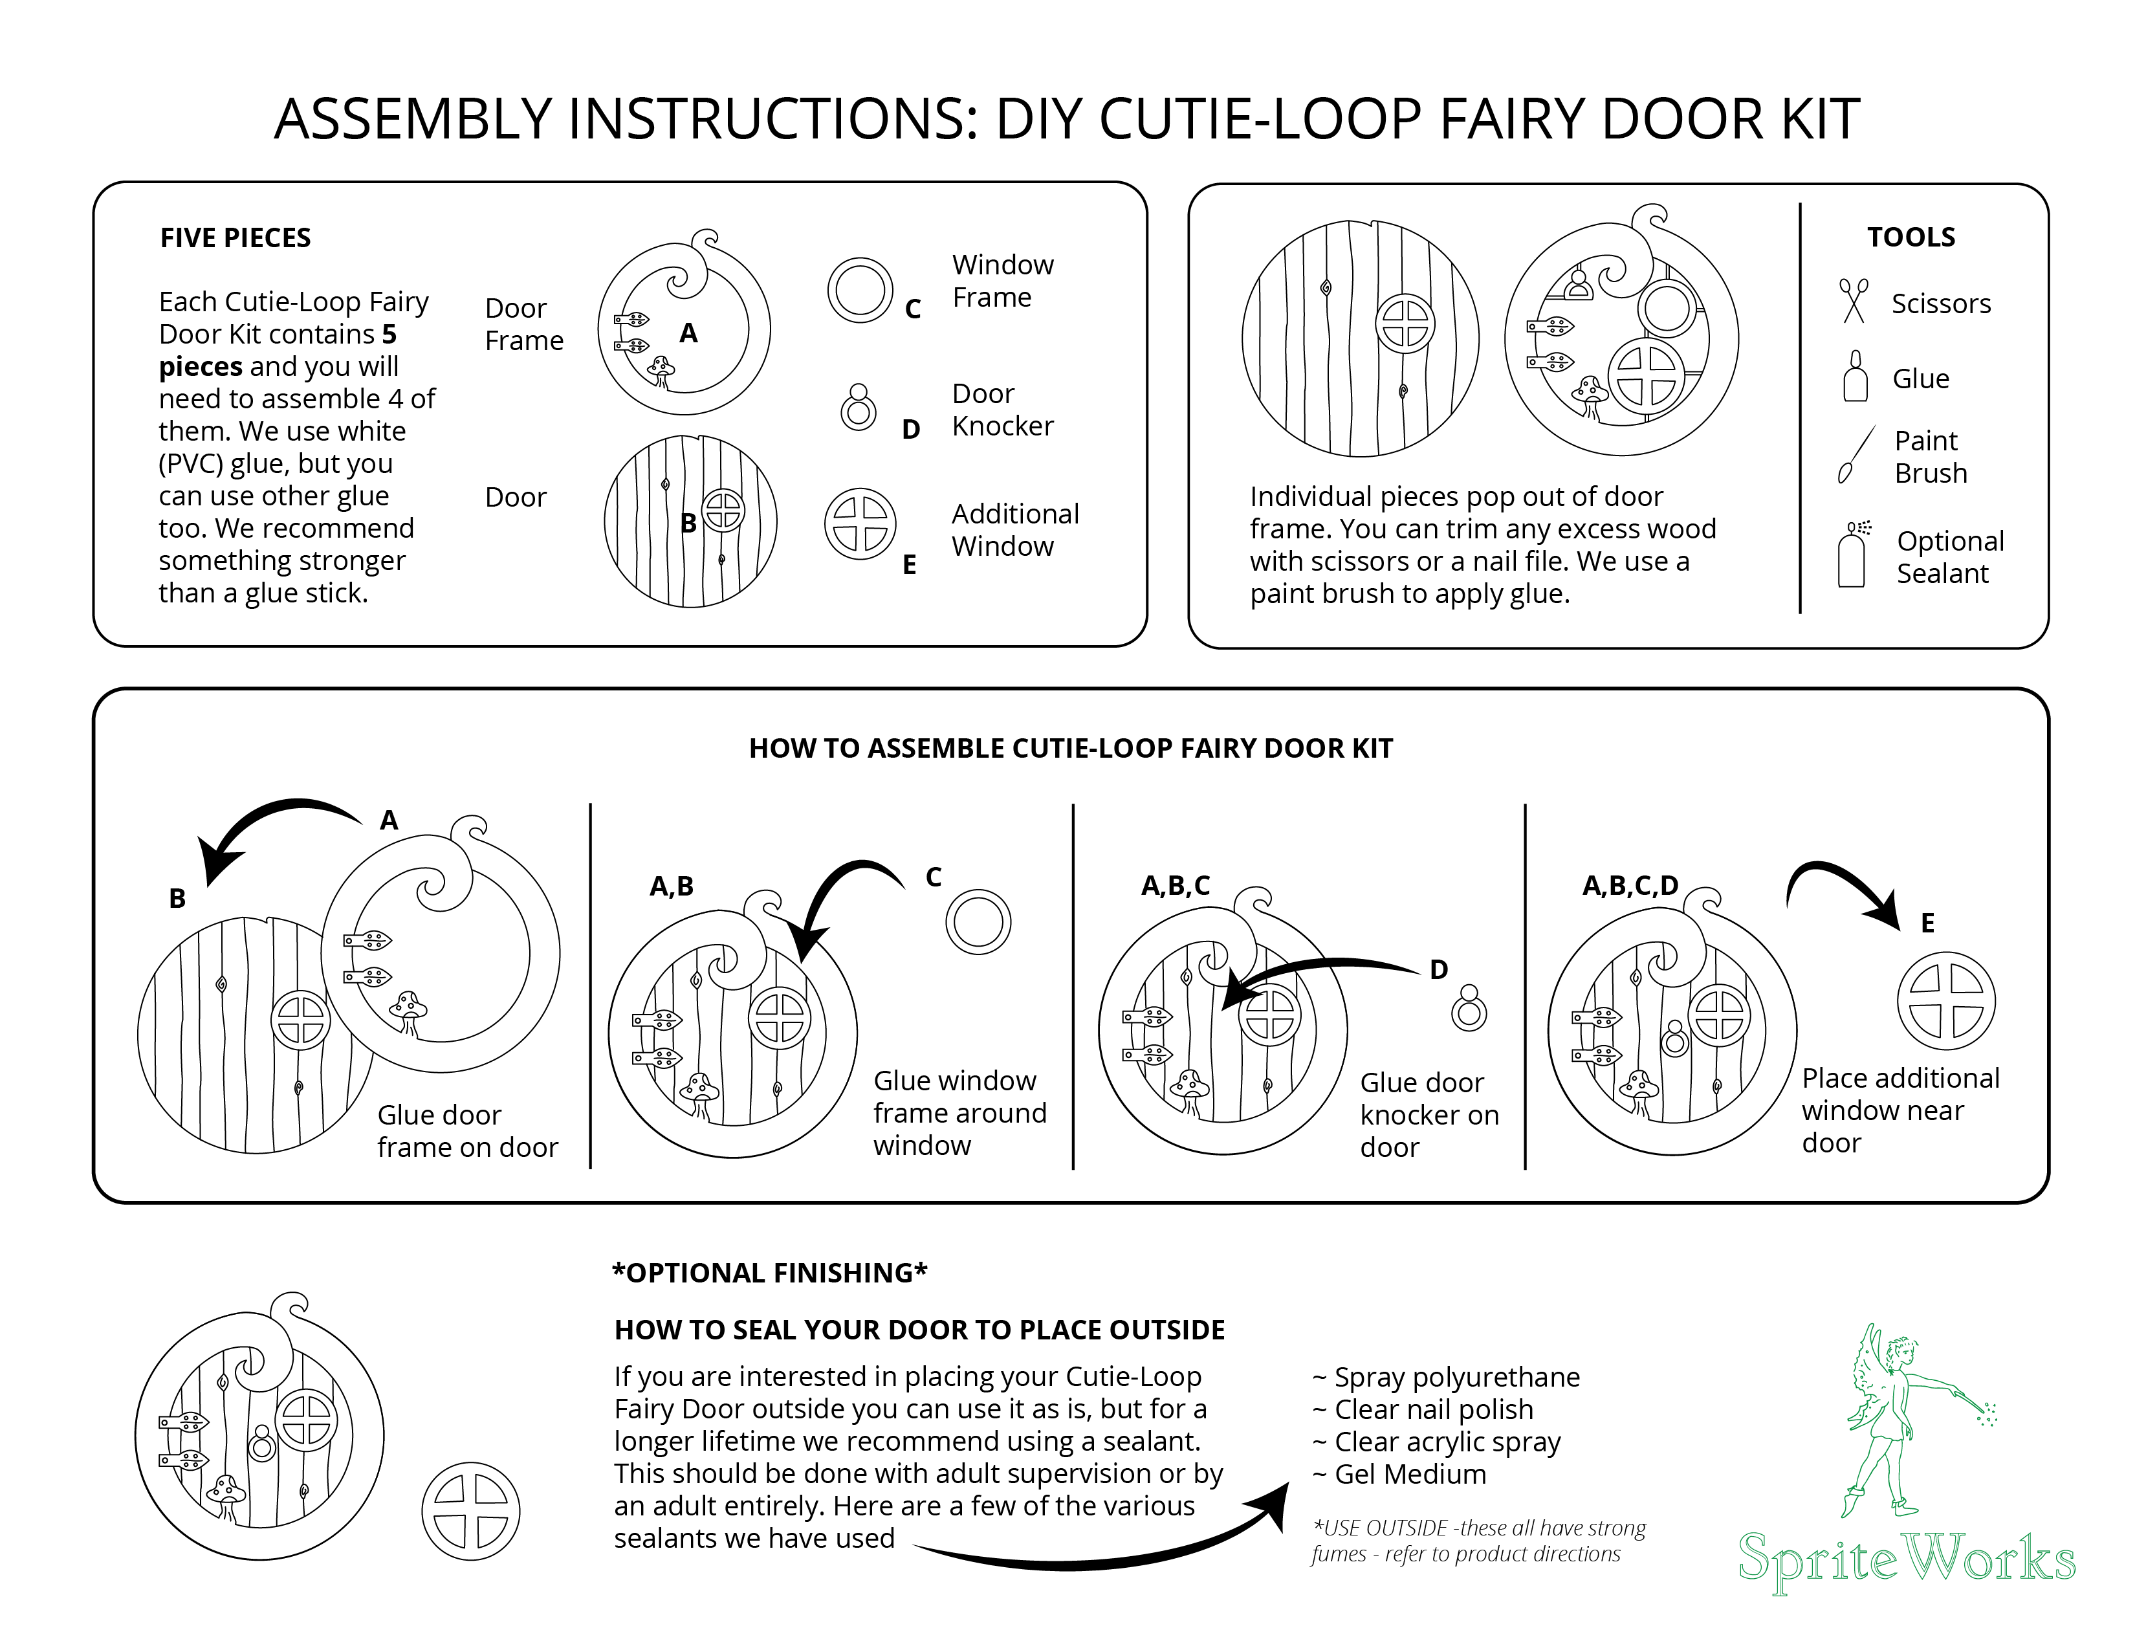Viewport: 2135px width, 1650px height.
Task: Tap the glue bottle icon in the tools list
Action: [x=1854, y=377]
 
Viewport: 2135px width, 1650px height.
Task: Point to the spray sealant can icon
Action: [x=1852, y=555]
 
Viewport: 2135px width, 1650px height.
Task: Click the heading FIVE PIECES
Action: [x=235, y=237]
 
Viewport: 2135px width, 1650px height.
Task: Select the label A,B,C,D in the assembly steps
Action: [x=1630, y=886]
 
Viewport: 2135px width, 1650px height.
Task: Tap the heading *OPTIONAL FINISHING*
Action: [x=769, y=1273]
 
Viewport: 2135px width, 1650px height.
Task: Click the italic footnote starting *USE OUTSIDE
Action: [x=1478, y=1541]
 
